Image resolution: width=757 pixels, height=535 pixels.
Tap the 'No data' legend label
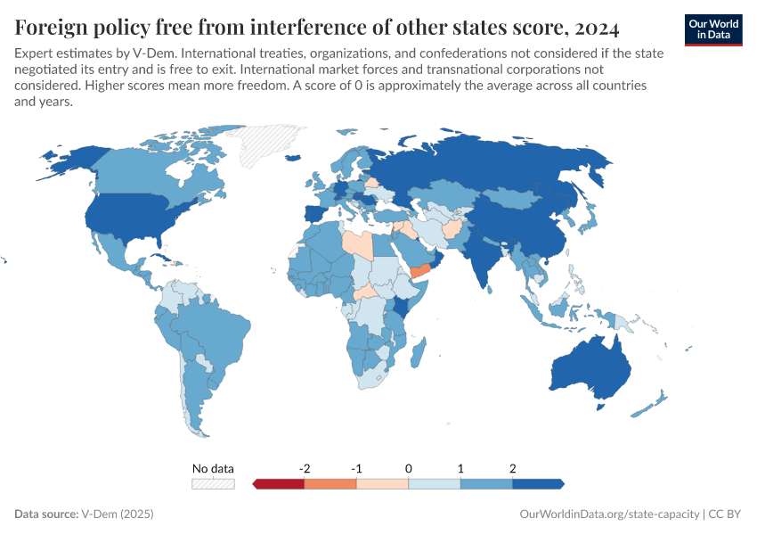coord(213,468)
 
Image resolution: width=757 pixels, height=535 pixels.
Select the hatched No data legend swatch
coord(213,484)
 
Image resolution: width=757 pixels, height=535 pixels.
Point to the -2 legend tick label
coord(305,468)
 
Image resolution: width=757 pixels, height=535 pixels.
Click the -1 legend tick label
coord(356,468)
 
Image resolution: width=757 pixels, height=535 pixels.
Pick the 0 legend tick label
coord(409,468)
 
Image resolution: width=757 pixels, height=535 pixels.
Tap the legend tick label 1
coord(460,468)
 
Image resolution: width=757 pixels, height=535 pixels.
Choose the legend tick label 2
coord(513,468)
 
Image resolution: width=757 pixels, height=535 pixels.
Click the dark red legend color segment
coord(280,484)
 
